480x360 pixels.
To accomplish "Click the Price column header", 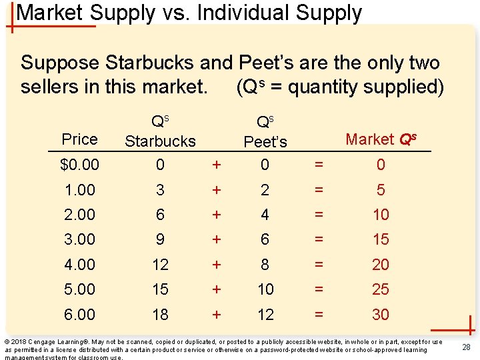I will pyautogui.click(x=79, y=139).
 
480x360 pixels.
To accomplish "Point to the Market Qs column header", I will pyautogui.click(x=381, y=139).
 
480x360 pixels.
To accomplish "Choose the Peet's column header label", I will pyautogui.click(x=265, y=142).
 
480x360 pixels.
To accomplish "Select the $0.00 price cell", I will pyautogui.click(x=79, y=165).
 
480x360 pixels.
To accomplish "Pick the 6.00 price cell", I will pyautogui.click(x=79, y=315).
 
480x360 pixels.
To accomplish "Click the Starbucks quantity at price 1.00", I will pyautogui.click(x=160, y=190).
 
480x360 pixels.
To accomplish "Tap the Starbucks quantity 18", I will pyautogui.click(x=160, y=315).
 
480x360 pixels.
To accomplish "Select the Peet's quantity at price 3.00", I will pyautogui.click(x=265, y=239).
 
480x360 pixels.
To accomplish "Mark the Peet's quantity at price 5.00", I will pyautogui.click(x=265, y=289).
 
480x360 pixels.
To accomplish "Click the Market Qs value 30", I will pyautogui.click(x=381, y=315).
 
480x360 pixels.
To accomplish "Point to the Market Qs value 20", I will pyautogui.click(x=381, y=265).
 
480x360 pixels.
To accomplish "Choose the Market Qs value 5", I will pyautogui.click(x=381, y=190).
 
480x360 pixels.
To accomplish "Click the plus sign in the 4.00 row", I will pyautogui.click(x=215, y=265).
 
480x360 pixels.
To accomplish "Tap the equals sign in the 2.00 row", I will pyautogui.click(x=320, y=215).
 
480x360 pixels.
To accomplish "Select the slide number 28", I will pyautogui.click(x=467, y=347).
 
